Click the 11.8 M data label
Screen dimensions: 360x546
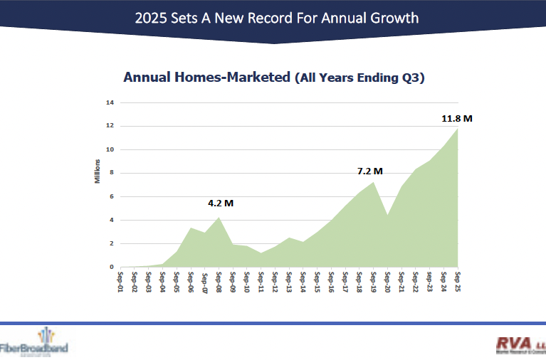[457, 118]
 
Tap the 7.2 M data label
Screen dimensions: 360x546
[370, 171]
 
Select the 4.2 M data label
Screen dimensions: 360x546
[221, 203]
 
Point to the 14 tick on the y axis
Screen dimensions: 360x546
[110, 102]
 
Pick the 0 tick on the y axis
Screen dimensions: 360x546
[112, 267]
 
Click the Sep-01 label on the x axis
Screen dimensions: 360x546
[121, 281]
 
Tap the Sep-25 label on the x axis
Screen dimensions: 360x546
[458, 281]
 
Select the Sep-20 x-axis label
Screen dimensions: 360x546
[387, 281]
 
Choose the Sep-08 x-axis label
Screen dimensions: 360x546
[219, 281]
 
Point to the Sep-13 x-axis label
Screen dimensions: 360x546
[289, 281]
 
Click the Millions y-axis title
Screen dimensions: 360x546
[98, 172]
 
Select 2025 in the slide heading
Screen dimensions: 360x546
[152, 17]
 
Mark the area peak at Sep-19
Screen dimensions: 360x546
[373, 183]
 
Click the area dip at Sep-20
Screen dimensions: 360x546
[387, 215]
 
